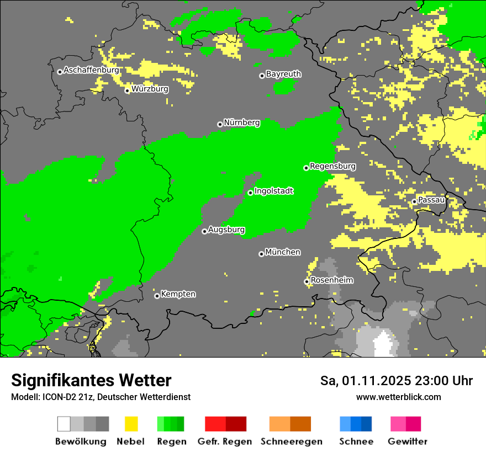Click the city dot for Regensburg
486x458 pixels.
pos(306,167)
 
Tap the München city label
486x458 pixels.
pos(283,252)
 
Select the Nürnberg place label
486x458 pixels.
pos(242,123)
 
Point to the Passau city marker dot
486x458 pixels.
pos(414,201)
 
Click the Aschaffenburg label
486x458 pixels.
pos(91,70)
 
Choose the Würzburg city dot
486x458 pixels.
pos(127,90)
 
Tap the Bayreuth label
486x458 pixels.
pos(283,74)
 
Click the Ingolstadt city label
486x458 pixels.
pos(273,191)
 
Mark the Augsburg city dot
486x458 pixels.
pos(204,231)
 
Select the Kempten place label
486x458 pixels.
pos(178,294)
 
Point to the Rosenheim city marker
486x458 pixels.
pos(307,281)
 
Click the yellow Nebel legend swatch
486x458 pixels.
pos(131,424)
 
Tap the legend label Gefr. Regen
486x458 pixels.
pos(225,441)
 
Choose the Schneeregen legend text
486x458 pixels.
pos(291,441)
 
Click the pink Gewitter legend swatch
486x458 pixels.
pos(399,424)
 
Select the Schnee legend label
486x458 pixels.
pos(356,441)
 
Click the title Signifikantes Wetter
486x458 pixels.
pos(91,381)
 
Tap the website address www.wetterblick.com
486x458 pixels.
pos(398,397)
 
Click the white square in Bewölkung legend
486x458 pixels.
pos(64,424)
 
